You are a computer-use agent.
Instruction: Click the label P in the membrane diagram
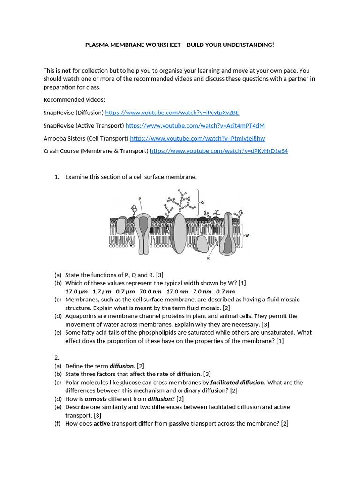(x=140, y=199)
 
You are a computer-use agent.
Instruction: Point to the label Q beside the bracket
(x=202, y=202)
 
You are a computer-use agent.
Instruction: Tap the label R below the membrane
(x=208, y=258)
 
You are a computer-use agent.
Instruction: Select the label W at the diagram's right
(x=247, y=235)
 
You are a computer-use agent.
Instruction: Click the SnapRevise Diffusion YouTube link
(x=172, y=112)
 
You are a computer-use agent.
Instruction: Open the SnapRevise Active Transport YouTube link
(x=195, y=125)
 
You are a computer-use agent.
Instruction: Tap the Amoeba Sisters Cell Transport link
(x=197, y=138)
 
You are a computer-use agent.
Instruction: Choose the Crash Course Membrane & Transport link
(x=218, y=151)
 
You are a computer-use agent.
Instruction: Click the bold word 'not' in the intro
(x=66, y=71)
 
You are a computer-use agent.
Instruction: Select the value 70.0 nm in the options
(x=150, y=291)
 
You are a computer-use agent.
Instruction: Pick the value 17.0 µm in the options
(x=77, y=291)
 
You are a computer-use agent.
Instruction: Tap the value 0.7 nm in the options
(x=225, y=291)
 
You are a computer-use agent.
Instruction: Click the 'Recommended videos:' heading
(x=74, y=99)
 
